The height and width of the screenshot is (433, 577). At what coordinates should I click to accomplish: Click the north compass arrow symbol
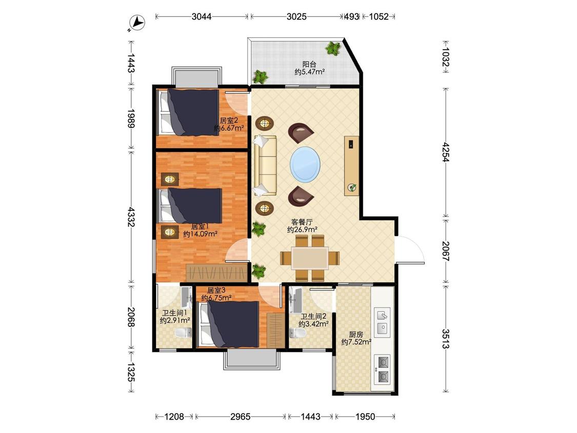coord(138,23)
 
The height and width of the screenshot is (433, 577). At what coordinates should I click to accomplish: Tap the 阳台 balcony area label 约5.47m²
coord(309,72)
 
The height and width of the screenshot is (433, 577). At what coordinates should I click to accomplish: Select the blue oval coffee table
coord(305,164)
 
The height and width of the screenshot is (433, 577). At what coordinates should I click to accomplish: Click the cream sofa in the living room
coord(265,165)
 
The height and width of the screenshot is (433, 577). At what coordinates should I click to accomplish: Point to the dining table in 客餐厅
coord(310,258)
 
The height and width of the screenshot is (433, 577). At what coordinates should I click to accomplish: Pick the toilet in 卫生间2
coord(297,333)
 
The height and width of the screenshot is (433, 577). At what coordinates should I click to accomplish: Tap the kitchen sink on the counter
coord(383,322)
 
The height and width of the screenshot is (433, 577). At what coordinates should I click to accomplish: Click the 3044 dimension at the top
coord(202,16)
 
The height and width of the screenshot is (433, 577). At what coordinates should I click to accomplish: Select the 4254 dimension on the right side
coord(446,152)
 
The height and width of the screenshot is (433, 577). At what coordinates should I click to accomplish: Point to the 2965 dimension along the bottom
coord(241,417)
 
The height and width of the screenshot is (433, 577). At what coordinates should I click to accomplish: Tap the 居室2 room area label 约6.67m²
coord(229,128)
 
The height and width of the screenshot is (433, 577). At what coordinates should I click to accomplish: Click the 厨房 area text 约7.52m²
coord(356,342)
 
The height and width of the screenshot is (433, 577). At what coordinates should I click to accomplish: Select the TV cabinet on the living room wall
coord(352,166)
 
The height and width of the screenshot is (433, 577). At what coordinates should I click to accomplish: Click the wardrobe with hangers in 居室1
coord(217,273)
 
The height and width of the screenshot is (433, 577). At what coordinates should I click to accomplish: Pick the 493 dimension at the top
coord(351,16)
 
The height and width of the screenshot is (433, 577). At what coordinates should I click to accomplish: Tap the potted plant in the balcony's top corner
coord(333,48)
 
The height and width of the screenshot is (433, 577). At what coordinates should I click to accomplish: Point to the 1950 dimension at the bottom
coord(365,417)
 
